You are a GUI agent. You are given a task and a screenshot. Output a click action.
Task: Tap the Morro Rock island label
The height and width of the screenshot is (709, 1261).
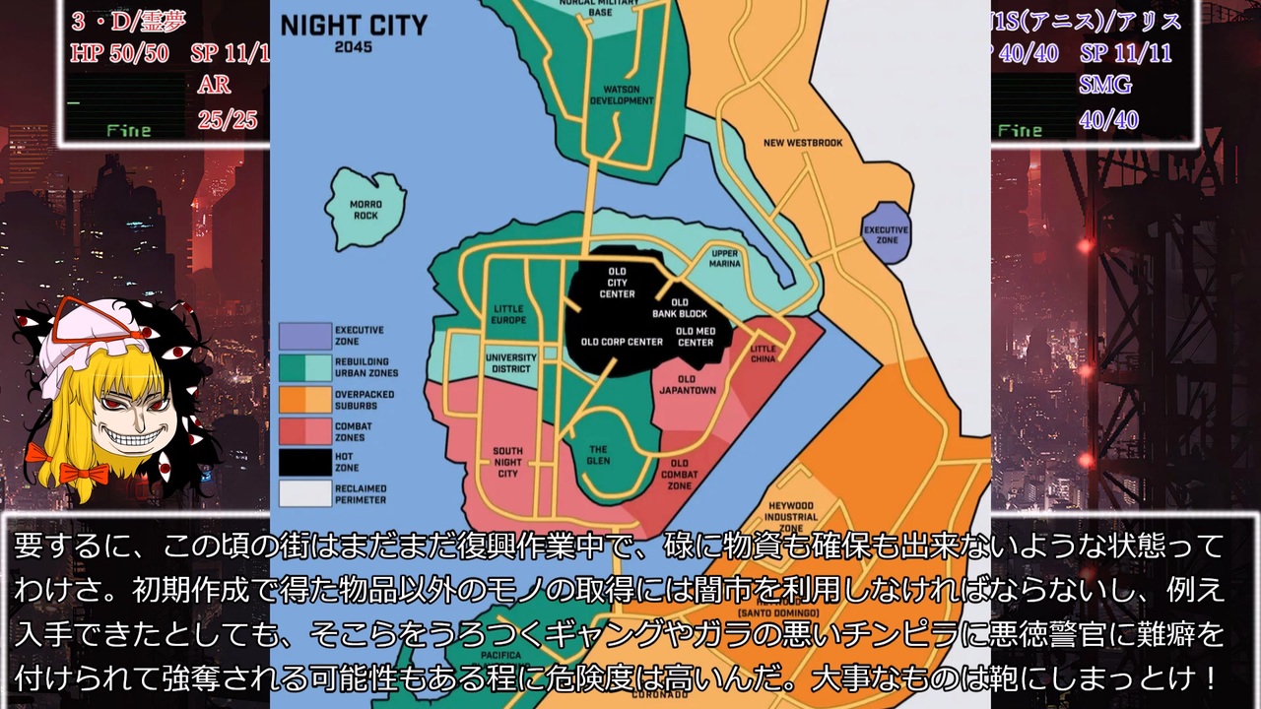coord(365,210)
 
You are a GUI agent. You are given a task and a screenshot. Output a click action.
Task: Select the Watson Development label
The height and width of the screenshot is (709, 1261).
coord(621,96)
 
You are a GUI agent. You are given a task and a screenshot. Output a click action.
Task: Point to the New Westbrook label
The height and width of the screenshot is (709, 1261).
coord(803,143)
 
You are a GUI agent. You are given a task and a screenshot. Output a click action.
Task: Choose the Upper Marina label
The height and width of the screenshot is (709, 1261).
coord(725,258)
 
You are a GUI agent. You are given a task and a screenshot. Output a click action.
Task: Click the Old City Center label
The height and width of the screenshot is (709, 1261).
coord(617,283)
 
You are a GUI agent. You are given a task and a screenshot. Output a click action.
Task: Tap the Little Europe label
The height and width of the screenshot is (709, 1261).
coord(509,314)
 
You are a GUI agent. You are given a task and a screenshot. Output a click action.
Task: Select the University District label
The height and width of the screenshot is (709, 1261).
coord(511,363)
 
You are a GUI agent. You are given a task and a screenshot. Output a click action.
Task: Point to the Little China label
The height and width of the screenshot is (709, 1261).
coord(763,354)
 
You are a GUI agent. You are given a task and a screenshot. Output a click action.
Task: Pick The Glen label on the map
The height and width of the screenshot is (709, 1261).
coord(599,455)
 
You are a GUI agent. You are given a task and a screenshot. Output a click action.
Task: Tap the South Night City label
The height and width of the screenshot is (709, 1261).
coord(507,462)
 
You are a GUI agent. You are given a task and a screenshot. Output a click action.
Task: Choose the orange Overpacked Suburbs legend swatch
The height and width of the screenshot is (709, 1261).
coord(304,399)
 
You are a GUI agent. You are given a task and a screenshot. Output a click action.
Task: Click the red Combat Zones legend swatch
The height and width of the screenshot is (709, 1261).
coord(304,431)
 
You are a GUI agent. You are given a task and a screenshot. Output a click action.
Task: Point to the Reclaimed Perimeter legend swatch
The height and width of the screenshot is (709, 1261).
coord(304,493)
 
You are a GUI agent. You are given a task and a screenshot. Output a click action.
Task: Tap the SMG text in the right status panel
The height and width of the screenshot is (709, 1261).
coord(1105,85)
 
